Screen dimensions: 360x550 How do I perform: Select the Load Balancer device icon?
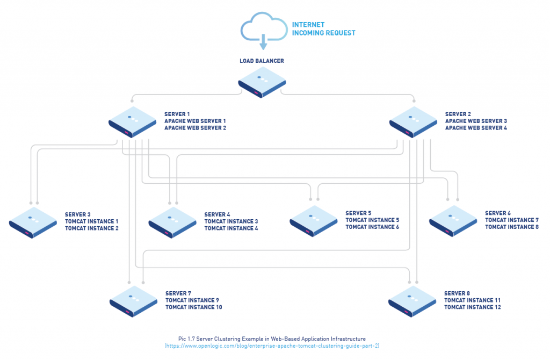click(262, 83)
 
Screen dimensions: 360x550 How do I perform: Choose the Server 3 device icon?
click(33, 221)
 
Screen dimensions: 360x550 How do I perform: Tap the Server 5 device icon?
click(314, 220)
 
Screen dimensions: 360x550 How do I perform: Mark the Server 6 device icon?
click(454, 220)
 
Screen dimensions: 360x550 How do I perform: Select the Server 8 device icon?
click(412, 300)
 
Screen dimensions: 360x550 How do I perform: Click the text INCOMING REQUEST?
click(323, 33)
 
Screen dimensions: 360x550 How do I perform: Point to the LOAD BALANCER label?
click(262, 61)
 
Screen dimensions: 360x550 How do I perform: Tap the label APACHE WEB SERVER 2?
click(195, 128)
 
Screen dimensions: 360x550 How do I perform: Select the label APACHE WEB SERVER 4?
click(476, 128)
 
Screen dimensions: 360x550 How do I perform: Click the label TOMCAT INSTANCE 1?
click(91, 221)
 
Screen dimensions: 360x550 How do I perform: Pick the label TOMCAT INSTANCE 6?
click(372, 227)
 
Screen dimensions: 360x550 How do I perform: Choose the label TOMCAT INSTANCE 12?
click(472, 307)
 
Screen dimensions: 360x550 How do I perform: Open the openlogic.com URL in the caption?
click(272, 346)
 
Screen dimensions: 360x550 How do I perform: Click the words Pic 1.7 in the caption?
click(188, 339)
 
